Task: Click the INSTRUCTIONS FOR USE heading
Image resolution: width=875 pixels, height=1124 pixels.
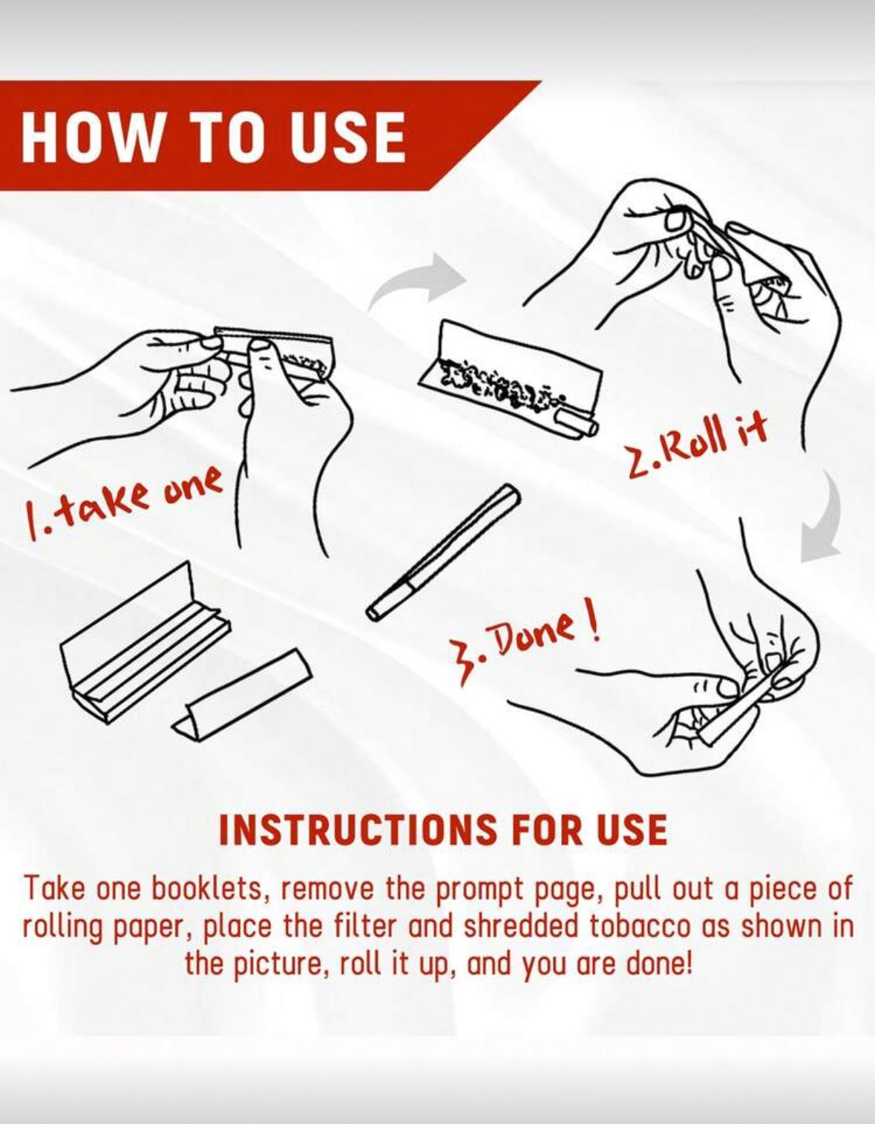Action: click(x=442, y=829)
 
